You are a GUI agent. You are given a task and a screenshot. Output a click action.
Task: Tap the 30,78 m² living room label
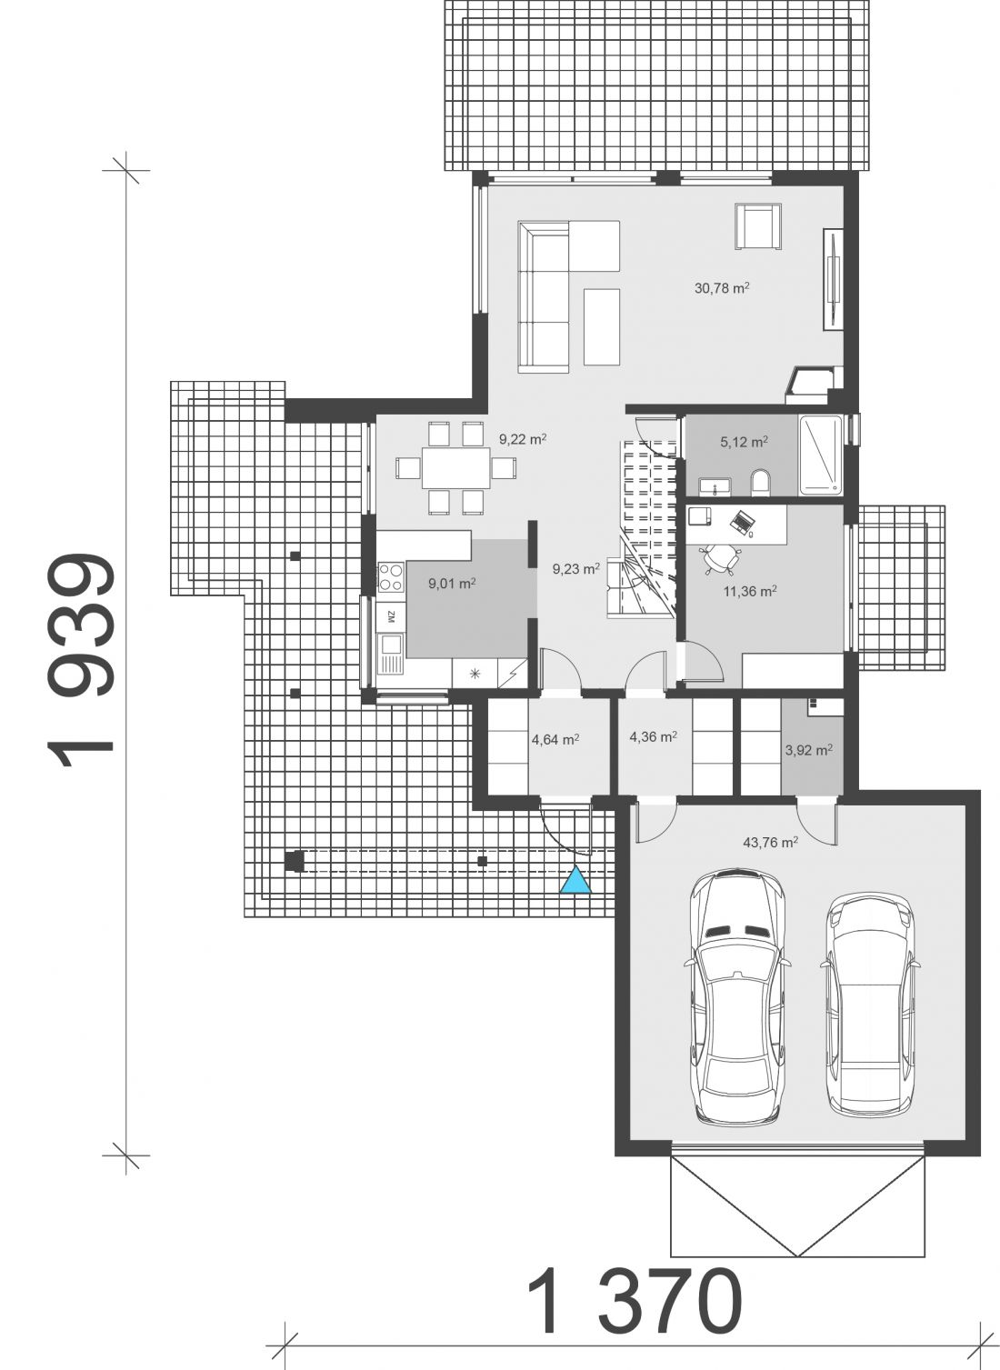pos(722,287)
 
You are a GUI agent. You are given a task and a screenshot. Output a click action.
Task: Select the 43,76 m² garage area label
pos(770,842)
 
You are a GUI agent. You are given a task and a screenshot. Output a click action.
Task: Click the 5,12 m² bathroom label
pos(744,442)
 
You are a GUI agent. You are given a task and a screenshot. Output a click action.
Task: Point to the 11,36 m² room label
pos(750,591)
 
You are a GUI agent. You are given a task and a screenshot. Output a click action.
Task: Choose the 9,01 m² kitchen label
pos(452,584)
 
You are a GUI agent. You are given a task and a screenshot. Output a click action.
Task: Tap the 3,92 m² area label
pos(808,750)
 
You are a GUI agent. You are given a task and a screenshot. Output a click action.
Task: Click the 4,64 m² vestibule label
pos(555,739)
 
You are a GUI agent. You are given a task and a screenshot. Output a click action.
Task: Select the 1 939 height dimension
pos(80,660)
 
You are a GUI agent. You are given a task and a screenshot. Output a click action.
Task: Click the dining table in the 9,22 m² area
pos(456,468)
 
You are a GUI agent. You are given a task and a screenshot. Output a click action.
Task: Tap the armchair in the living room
pos(758,226)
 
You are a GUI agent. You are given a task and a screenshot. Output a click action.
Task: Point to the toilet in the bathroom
pos(760,483)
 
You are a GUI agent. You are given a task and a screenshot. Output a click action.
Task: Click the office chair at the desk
pos(721,558)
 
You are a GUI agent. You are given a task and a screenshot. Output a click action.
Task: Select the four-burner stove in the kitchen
pos(390,576)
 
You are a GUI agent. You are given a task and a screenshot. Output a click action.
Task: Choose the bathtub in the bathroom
pos(820,455)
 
